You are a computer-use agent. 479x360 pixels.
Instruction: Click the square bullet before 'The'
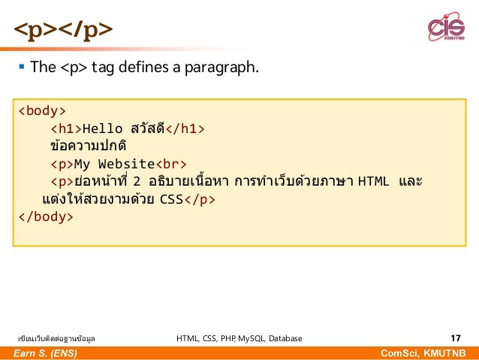point(22,68)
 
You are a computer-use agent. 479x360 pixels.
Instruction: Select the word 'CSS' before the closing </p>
point(172,200)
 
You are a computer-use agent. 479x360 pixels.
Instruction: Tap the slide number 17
point(455,338)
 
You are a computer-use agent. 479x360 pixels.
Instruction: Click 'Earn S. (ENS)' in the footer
point(44,353)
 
